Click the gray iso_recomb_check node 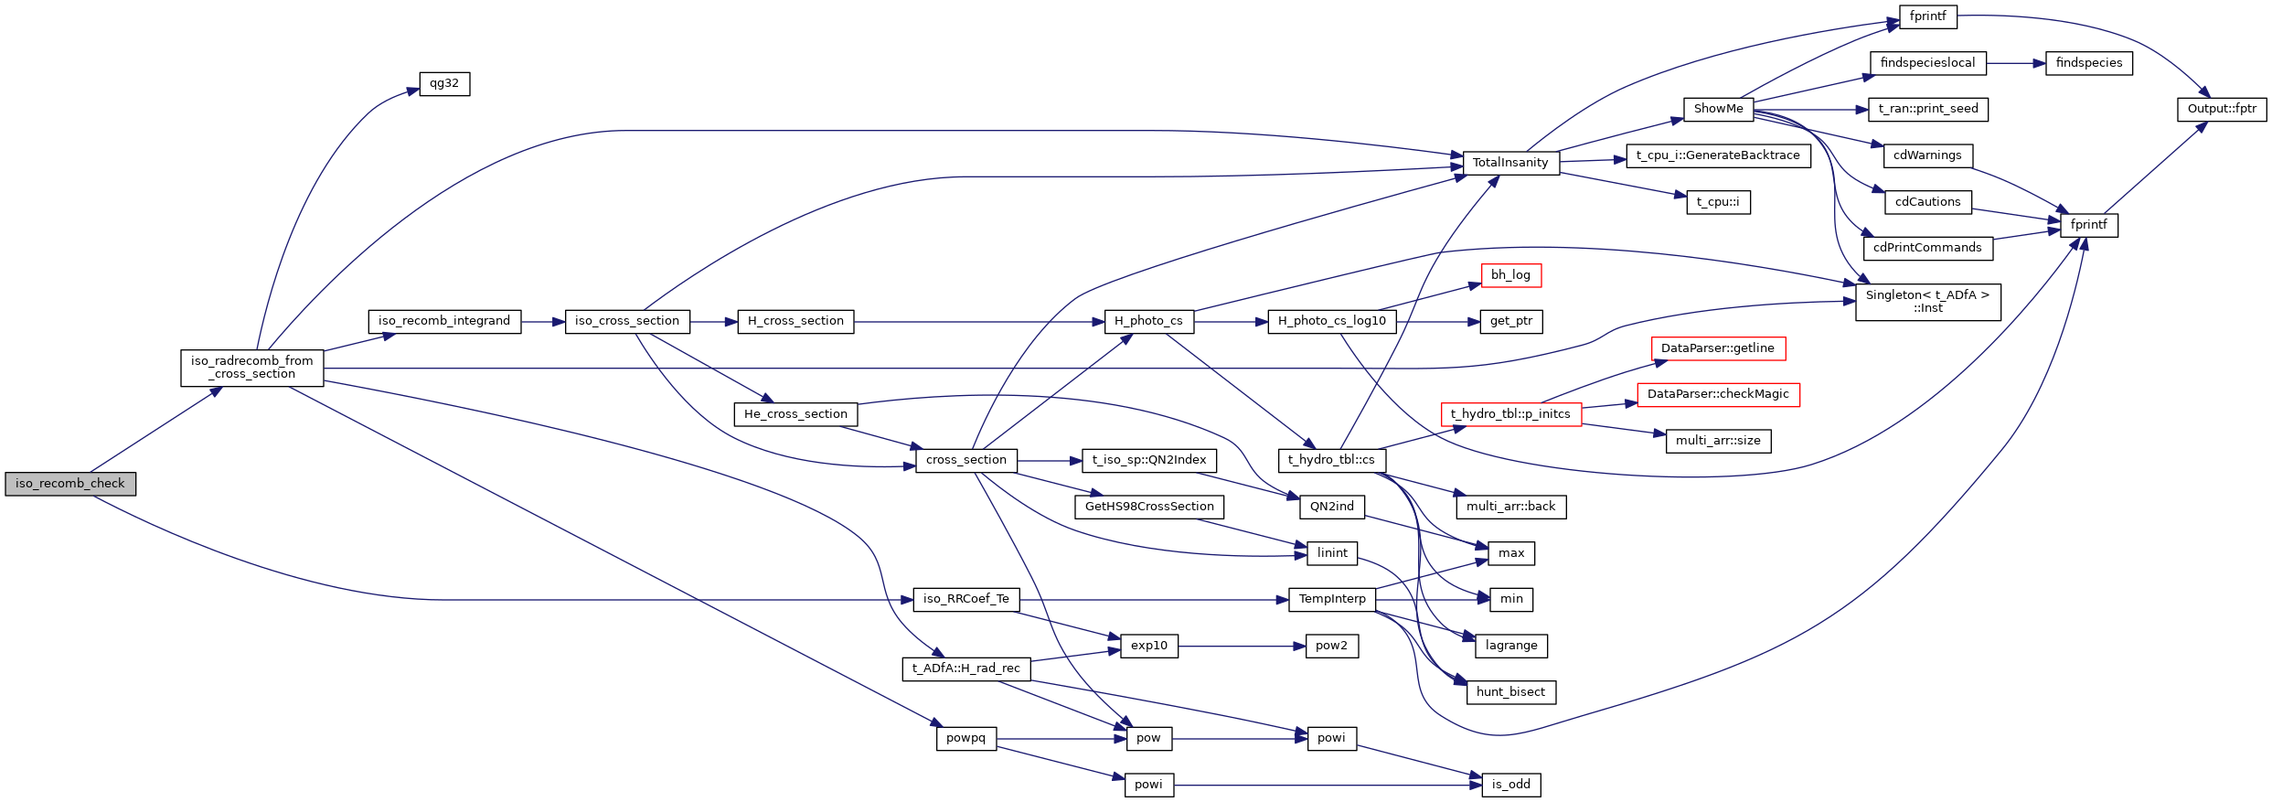coord(70,484)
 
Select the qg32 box coord(444,84)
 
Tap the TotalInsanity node coord(1510,163)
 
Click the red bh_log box coord(1510,275)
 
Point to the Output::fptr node coord(2221,109)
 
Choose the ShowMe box coord(1718,109)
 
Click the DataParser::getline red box coord(1717,348)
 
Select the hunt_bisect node coord(1510,692)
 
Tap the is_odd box coord(1510,785)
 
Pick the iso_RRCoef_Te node coord(965,599)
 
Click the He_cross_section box coord(795,414)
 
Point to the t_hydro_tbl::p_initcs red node coord(1510,414)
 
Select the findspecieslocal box coord(1927,63)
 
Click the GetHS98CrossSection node coord(1148,507)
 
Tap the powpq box coord(965,738)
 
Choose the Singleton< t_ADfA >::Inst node coord(1927,302)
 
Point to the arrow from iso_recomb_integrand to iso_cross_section coord(543,322)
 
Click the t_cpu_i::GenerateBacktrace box coord(1717,155)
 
